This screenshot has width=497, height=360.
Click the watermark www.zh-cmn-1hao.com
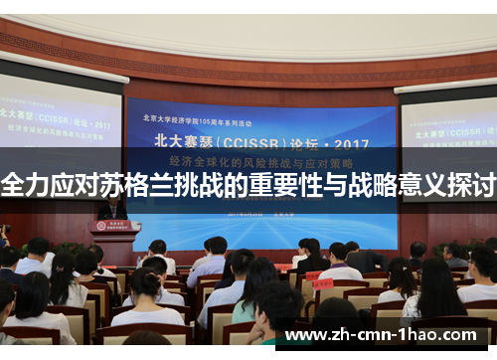tap(389, 335)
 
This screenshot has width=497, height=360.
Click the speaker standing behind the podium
tap(112, 208)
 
